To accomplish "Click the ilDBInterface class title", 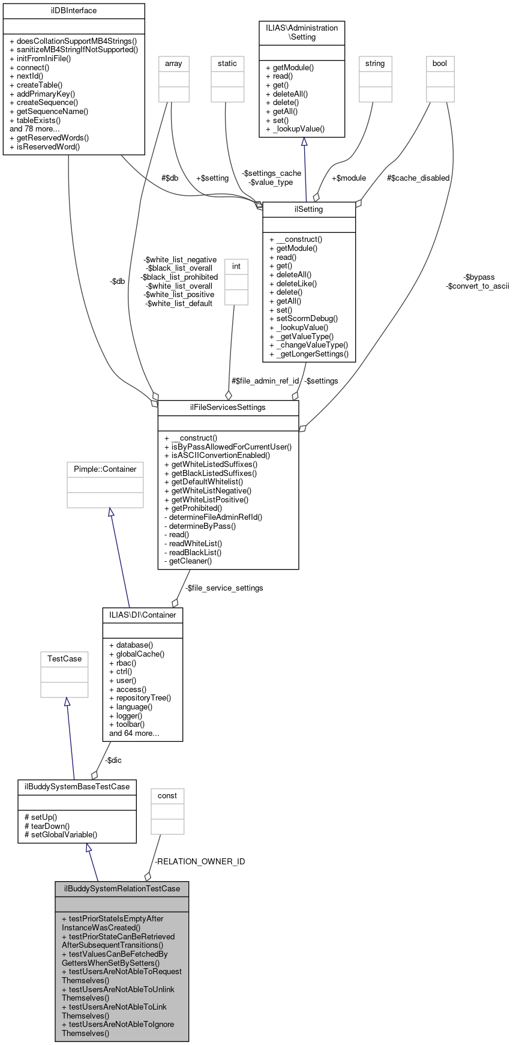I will [74, 11].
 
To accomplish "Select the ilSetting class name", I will [309, 209].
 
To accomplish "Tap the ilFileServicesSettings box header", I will [228, 408].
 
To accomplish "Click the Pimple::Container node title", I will [105, 469].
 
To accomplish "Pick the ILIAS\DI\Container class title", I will [143, 615].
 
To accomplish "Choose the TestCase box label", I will [64, 659].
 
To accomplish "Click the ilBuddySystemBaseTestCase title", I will [77, 787].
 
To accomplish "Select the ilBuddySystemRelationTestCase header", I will [122, 889].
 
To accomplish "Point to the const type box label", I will [167, 796].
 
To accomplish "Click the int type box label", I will [236, 267].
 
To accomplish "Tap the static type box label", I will [227, 64].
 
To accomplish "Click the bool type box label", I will [440, 64].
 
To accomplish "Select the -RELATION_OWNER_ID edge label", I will [200, 862].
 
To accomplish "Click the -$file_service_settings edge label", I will [224, 588].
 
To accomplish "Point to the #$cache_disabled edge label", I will [418, 178].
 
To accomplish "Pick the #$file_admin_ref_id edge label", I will [265, 381].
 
